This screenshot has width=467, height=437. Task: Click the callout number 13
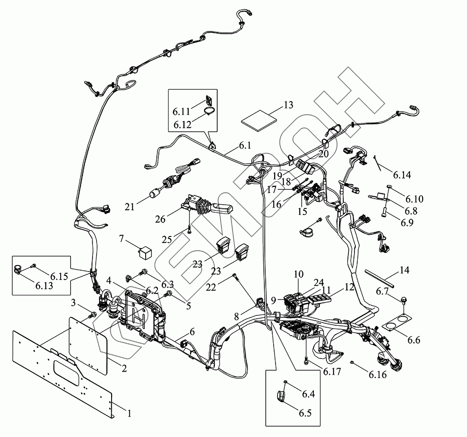pyautogui.click(x=288, y=105)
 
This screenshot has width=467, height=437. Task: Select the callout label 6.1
pyautogui.click(x=245, y=146)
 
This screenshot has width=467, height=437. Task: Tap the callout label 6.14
pyautogui.click(x=402, y=175)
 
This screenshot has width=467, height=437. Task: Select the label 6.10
pyautogui.click(x=414, y=199)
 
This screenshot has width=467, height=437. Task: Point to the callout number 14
pyautogui.click(x=405, y=270)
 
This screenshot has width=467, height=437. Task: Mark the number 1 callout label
pyautogui.click(x=129, y=413)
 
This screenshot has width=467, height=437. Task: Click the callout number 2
pyautogui.click(x=124, y=369)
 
